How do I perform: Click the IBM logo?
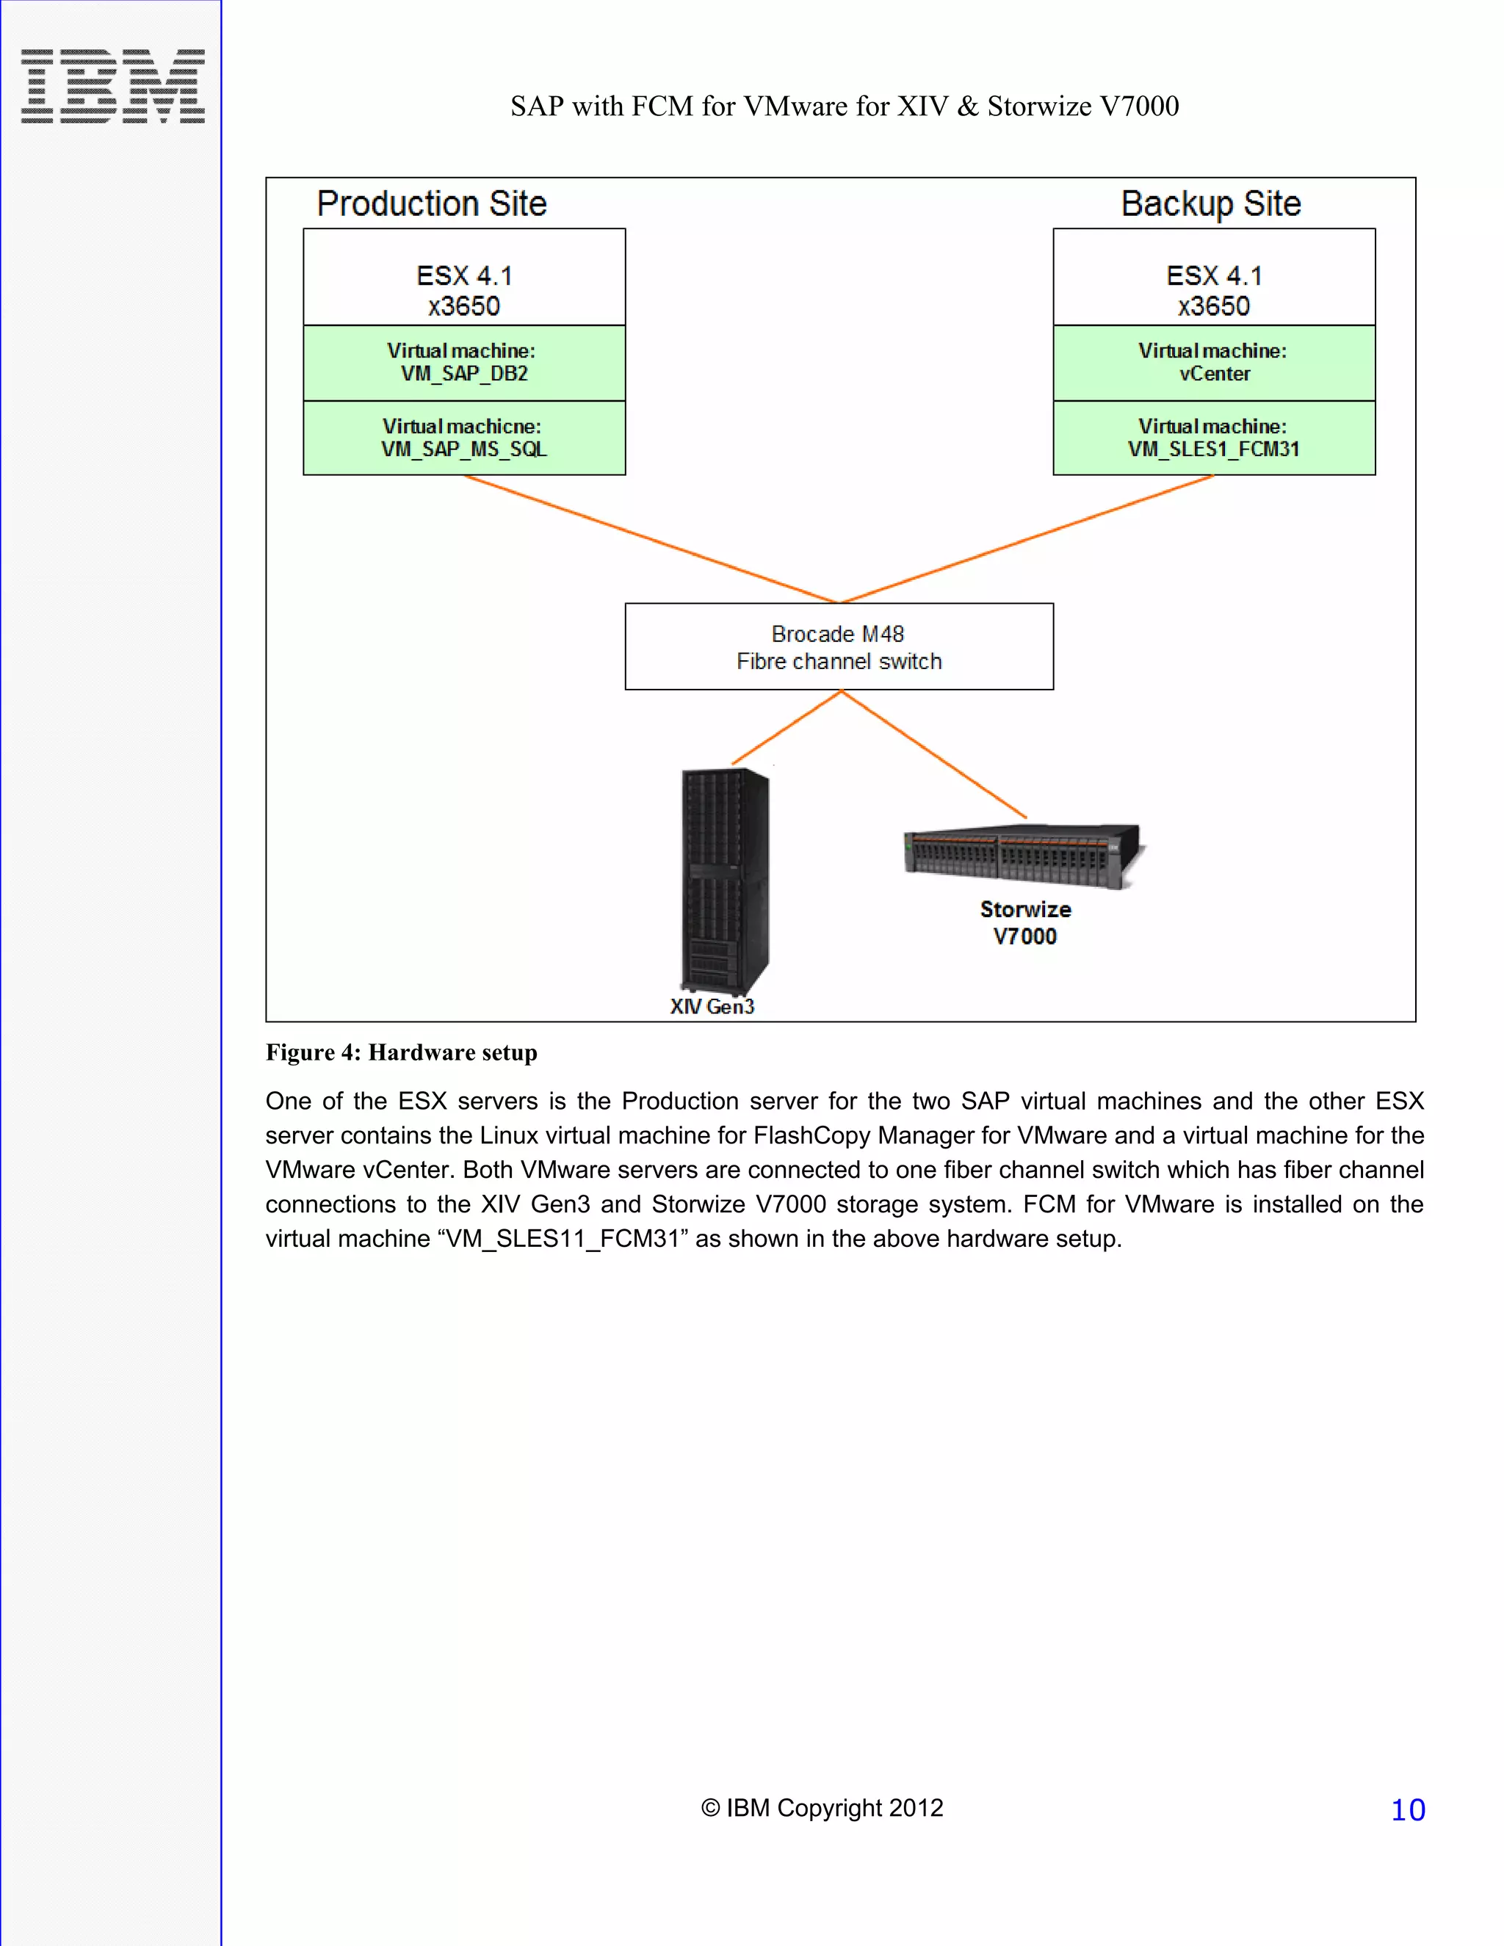pos(112,87)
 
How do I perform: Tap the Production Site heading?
pos(431,204)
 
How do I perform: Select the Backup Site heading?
pos(1210,204)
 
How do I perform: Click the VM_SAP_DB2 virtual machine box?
pos(464,363)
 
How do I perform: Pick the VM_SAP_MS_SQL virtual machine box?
pos(464,438)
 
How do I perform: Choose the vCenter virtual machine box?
pos(1213,363)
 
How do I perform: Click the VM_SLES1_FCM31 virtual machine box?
pos(1213,438)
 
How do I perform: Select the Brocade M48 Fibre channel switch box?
pos(839,647)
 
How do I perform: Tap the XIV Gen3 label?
pos(712,1006)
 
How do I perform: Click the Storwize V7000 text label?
pos(1024,922)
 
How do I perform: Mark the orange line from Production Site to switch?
pos(651,539)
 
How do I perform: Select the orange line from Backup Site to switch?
pos(1024,539)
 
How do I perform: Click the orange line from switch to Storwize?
pos(934,754)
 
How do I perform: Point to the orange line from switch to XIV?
pos(787,727)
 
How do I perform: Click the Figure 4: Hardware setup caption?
pos(401,1052)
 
